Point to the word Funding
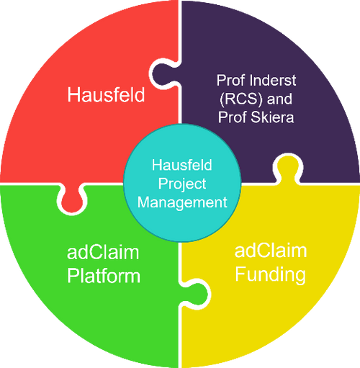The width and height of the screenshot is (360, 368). [271, 274]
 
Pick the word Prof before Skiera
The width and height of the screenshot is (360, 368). [238, 117]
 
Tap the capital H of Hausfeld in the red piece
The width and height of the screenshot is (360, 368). [74, 94]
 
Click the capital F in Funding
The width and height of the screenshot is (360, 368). [241, 274]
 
